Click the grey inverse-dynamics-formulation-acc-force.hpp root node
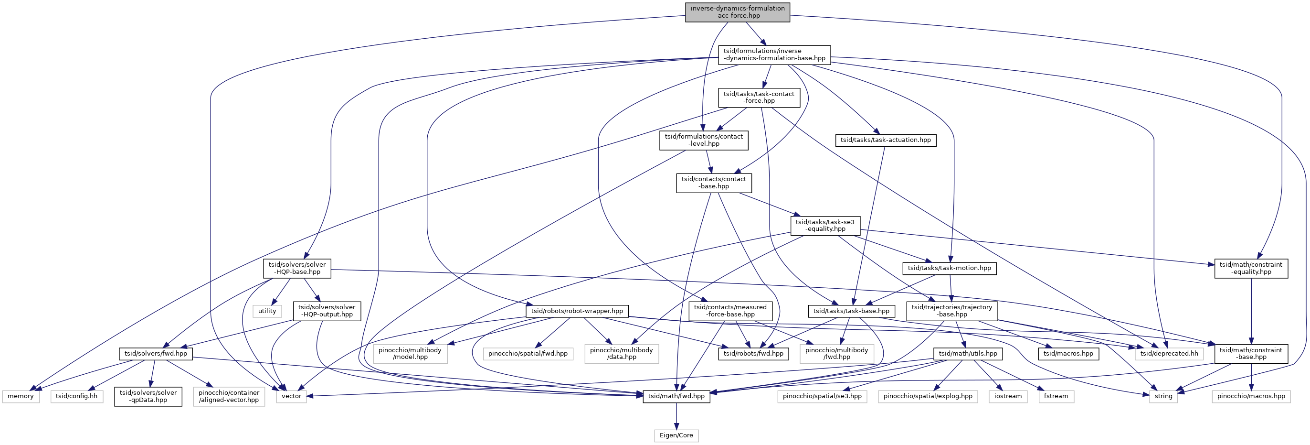click(x=738, y=11)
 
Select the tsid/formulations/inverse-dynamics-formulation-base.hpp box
click(x=774, y=54)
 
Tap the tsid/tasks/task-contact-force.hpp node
click(x=759, y=97)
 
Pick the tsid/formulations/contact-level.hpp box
click(x=704, y=140)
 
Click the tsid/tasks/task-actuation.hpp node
click(x=886, y=140)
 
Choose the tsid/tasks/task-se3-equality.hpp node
click(x=825, y=226)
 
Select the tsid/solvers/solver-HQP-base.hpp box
click(x=297, y=268)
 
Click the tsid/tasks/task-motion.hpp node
click(x=949, y=268)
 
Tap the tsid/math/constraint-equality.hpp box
click(x=1251, y=268)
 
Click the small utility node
click(x=267, y=311)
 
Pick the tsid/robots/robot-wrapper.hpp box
click(x=577, y=311)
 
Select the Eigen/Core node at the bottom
click(x=676, y=436)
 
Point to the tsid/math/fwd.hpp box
click(x=676, y=397)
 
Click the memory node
click(x=21, y=397)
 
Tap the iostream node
click(x=1007, y=397)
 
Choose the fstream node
click(x=1056, y=397)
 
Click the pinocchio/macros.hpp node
click(x=1250, y=397)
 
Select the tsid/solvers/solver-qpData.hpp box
click(x=148, y=397)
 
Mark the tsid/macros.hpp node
click(x=1068, y=354)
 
